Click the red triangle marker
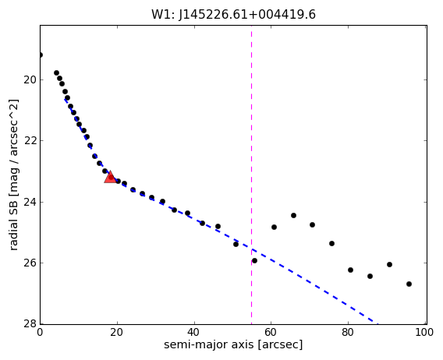(111, 177)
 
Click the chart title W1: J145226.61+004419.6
(233, 14)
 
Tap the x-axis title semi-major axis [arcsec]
(233, 344)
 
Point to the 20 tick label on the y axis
(30, 80)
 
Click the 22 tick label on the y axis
(30, 140)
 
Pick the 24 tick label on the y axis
(30, 202)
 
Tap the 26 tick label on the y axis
(30, 263)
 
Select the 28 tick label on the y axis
(30, 323)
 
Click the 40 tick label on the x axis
(194, 332)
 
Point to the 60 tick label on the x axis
(271, 332)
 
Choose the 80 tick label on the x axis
(348, 332)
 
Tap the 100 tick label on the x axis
(424, 332)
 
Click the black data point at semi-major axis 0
(41, 55)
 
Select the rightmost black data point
(409, 284)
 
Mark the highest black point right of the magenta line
(293, 215)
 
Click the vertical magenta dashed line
(251, 175)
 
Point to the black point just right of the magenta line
(254, 260)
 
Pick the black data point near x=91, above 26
(390, 265)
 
